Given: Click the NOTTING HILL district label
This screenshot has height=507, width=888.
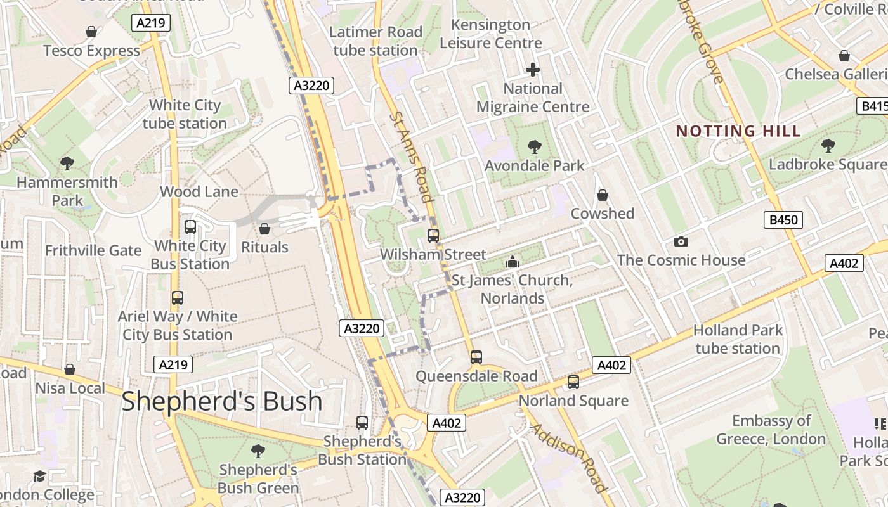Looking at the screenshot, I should [738, 131].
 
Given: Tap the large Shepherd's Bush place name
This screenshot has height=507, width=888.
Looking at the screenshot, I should [221, 401].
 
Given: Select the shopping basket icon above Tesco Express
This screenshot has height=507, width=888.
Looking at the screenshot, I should [91, 32].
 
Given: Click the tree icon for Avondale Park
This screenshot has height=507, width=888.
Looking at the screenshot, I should [534, 147].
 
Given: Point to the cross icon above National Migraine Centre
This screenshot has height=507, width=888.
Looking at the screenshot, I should [533, 70].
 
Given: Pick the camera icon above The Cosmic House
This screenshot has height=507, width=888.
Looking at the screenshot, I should [681, 241].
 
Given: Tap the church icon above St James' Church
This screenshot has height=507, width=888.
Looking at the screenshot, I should [512, 261].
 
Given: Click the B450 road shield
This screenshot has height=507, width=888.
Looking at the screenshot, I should [783, 220].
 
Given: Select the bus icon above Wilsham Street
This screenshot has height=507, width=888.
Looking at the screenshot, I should [433, 236].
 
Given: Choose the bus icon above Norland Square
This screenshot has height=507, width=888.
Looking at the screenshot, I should [573, 382].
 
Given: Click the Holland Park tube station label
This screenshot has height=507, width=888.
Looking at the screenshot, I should [738, 339].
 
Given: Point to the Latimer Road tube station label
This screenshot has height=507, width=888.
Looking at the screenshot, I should [375, 41].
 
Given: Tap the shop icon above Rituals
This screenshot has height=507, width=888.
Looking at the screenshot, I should [264, 228].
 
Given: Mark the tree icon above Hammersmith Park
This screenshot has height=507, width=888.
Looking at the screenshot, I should [67, 164].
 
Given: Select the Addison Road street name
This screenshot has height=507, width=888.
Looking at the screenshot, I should [568, 458].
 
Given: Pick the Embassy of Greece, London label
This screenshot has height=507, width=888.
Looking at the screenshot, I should [771, 430].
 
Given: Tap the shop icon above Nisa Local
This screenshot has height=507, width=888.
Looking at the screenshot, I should [70, 369].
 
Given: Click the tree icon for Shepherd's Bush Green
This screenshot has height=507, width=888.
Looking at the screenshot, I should [258, 451].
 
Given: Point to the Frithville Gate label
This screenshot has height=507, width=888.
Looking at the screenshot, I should [93, 250].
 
